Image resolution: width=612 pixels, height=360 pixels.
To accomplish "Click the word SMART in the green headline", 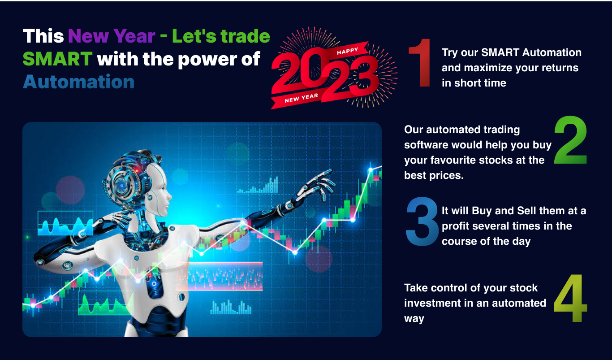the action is [x=57, y=59].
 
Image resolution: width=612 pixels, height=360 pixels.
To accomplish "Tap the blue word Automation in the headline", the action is [x=79, y=82].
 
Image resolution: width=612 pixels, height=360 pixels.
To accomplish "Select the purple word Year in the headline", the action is [x=134, y=36].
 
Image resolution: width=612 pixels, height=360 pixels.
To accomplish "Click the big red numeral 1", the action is [x=420, y=63].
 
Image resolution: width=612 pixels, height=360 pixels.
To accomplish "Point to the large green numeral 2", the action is [x=570, y=140].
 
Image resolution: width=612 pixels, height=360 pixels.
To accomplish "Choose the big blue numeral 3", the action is [x=422, y=221].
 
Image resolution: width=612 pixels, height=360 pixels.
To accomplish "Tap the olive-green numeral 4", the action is [x=570, y=298].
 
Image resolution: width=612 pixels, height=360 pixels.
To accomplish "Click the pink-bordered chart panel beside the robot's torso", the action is [x=220, y=276].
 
